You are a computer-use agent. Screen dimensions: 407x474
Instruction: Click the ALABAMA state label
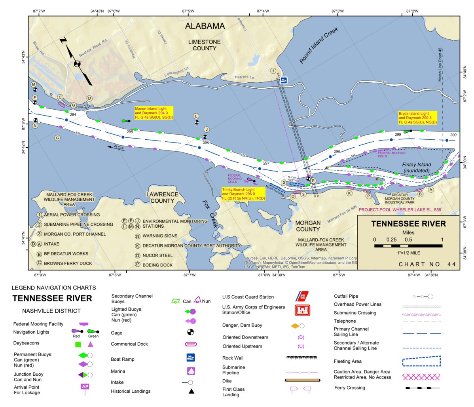click(205, 26)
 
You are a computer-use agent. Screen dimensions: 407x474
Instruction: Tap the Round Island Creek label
click(319, 45)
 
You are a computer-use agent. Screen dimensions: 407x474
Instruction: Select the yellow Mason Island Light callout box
click(154, 113)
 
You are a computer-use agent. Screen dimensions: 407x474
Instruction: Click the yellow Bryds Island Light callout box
click(417, 118)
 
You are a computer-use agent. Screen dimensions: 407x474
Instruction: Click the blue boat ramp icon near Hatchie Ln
click(284, 80)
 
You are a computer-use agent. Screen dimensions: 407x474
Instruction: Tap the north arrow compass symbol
click(77, 63)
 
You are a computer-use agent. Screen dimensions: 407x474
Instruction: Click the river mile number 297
click(266, 163)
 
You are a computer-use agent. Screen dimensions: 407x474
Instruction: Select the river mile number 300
click(453, 135)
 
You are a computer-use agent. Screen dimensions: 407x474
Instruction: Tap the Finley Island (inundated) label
click(417, 167)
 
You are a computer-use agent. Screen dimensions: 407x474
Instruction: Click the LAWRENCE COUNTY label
click(162, 197)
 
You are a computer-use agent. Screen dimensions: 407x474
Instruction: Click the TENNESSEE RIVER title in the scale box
click(408, 224)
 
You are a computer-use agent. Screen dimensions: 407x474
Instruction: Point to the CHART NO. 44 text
click(427, 264)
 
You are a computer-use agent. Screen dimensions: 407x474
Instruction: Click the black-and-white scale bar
click(408, 246)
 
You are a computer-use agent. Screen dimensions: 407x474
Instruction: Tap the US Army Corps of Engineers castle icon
click(302, 310)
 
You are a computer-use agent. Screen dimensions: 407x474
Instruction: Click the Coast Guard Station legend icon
click(302, 296)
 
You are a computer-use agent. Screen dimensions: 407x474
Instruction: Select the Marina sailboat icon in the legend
click(191, 371)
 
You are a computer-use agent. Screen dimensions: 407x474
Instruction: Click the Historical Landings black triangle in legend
click(191, 391)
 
